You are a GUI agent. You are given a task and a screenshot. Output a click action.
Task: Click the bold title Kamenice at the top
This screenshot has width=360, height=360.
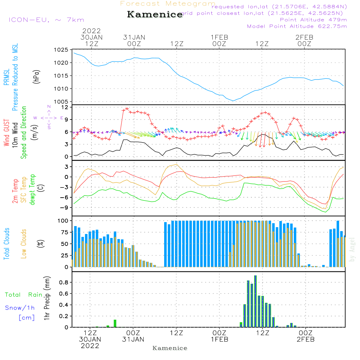click(155, 15)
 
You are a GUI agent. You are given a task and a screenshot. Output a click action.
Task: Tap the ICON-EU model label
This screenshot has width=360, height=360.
click(46, 20)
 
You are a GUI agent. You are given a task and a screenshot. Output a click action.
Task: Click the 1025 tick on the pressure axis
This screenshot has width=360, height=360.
click(61, 50)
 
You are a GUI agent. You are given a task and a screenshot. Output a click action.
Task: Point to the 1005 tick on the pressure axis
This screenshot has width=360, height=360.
click(61, 102)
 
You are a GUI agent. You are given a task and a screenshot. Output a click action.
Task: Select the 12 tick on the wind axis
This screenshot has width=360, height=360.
click(64, 107)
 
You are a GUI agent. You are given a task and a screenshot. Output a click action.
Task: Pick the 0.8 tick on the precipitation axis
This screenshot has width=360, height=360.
click(64, 282)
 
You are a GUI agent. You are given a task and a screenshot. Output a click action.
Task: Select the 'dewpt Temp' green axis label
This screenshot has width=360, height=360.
click(33, 190)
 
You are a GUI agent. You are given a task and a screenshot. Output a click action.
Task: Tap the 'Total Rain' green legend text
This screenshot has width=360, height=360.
click(24, 294)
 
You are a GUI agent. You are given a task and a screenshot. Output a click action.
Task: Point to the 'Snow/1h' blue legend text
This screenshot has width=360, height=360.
click(20, 308)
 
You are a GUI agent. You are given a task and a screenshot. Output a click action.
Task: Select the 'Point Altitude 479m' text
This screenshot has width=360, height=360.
click(313, 19)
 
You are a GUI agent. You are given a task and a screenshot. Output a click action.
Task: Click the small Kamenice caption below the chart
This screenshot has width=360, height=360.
click(170, 348)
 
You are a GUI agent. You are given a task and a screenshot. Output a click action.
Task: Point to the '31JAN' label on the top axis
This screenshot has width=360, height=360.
click(134, 37)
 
